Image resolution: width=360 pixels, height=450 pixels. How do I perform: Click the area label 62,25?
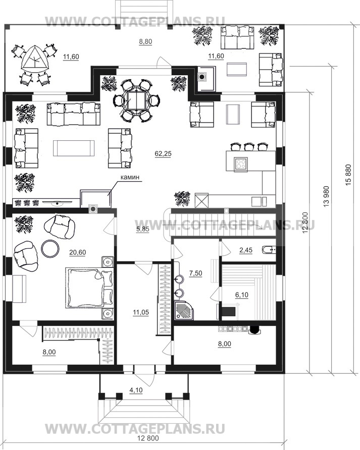(x=163, y=154)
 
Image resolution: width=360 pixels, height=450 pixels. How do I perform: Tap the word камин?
(x=130, y=177)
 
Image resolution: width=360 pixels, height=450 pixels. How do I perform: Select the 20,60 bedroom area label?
(x=78, y=253)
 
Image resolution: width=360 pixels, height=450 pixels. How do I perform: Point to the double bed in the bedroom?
(x=89, y=288)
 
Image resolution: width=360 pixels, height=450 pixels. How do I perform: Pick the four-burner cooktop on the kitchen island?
(x=241, y=164)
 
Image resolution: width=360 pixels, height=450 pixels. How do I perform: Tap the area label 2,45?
(x=246, y=250)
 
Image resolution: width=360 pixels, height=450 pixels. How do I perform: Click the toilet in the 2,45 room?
(x=269, y=250)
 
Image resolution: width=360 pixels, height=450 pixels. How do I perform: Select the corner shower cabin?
(x=184, y=310)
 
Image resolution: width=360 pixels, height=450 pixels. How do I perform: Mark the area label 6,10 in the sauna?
(x=242, y=295)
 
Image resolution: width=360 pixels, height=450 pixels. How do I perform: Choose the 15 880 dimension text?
(x=348, y=175)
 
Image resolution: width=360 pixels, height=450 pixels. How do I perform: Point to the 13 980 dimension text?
(x=326, y=197)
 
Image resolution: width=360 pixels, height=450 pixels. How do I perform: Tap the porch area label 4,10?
(x=136, y=390)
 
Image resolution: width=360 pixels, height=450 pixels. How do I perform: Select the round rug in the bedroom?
(x=50, y=248)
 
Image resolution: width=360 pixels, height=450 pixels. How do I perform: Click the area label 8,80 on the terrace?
(x=145, y=41)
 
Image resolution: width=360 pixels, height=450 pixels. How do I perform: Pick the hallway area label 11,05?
(x=141, y=312)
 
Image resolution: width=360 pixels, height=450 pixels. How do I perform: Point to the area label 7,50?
(x=195, y=273)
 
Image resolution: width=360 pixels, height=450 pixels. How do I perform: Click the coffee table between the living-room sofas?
(x=74, y=148)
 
